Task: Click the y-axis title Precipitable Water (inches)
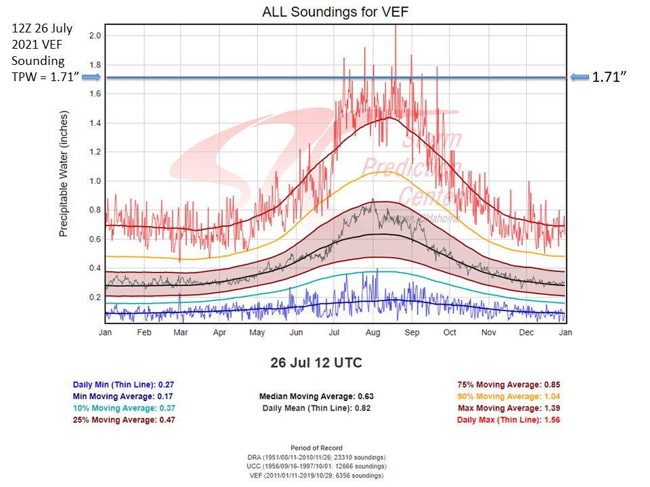click(64, 175)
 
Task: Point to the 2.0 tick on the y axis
click(95, 35)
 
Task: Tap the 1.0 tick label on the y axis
click(95, 181)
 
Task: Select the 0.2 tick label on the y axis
click(95, 298)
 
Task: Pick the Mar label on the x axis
click(180, 332)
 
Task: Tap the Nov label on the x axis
click(489, 332)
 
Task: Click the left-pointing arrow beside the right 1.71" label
click(580, 77)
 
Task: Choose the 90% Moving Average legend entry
click(508, 396)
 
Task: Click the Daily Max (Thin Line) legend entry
click(508, 420)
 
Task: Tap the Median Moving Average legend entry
click(316, 396)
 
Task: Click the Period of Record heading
click(316, 448)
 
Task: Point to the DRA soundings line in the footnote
click(316, 457)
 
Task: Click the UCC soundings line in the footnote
click(316, 466)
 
